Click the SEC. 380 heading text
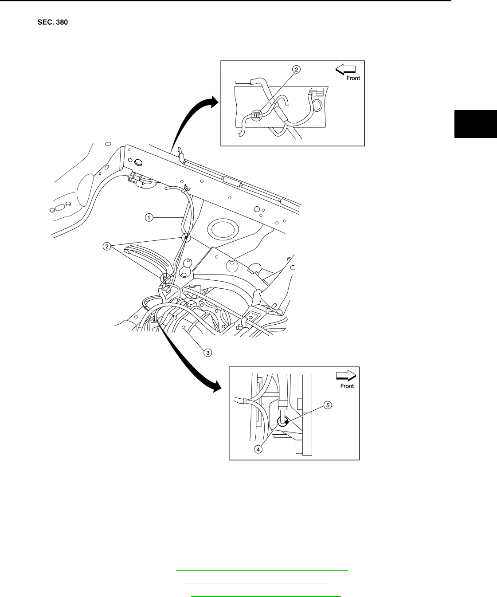(x=52, y=22)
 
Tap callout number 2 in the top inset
(x=297, y=69)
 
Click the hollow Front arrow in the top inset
(x=346, y=69)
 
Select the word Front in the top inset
(x=353, y=78)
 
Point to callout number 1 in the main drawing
(x=149, y=217)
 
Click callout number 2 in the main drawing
(x=107, y=247)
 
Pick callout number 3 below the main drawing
(x=207, y=353)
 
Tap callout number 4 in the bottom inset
(x=258, y=449)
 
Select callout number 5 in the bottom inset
(x=328, y=405)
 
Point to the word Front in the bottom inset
(x=347, y=386)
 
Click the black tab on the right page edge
(x=475, y=123)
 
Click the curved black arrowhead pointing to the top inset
(x=212, y=102)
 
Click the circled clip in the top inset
(x=256, y=116)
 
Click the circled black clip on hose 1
(x=186, y=238)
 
